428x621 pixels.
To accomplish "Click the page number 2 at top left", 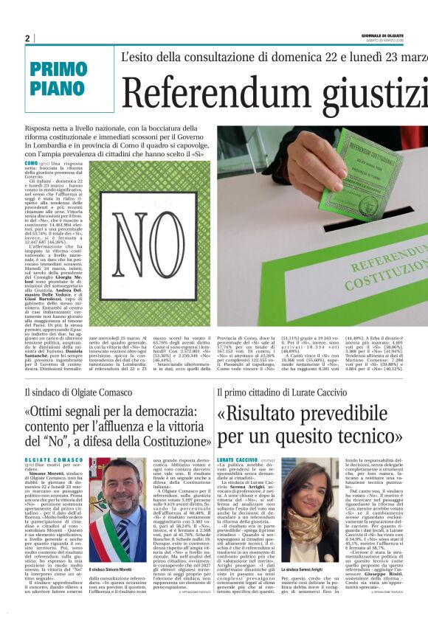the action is (x=27, y=38).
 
